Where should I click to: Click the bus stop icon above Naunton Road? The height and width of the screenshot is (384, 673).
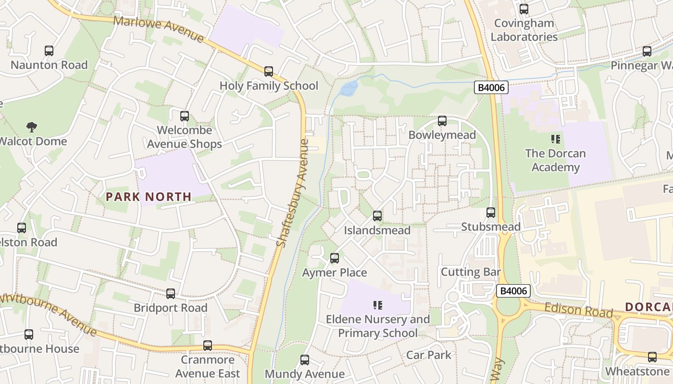49,50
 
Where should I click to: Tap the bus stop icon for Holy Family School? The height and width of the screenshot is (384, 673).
269,72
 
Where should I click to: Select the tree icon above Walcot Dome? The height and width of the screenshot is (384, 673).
32,127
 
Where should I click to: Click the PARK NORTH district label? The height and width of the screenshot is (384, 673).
149,196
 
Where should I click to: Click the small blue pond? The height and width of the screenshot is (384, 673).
349,88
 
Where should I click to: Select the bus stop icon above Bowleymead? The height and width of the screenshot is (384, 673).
442,121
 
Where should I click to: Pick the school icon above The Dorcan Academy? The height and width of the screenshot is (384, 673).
556,140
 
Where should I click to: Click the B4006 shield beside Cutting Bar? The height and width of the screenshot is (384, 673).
513,290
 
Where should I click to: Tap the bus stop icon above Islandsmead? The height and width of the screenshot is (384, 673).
377,216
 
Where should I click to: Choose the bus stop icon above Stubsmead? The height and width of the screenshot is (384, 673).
491,213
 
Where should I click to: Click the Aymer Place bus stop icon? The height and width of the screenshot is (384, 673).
335,258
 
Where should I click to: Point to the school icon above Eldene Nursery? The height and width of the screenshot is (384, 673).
378,305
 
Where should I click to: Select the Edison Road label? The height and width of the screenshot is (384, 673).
572,310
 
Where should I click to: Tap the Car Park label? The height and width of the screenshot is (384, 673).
429,355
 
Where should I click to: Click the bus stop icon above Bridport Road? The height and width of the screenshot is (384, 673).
171,294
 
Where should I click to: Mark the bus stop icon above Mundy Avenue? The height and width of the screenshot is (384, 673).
305,360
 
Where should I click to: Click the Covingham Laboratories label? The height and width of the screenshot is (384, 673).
524,30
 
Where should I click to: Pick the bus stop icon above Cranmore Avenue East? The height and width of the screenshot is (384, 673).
208,346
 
